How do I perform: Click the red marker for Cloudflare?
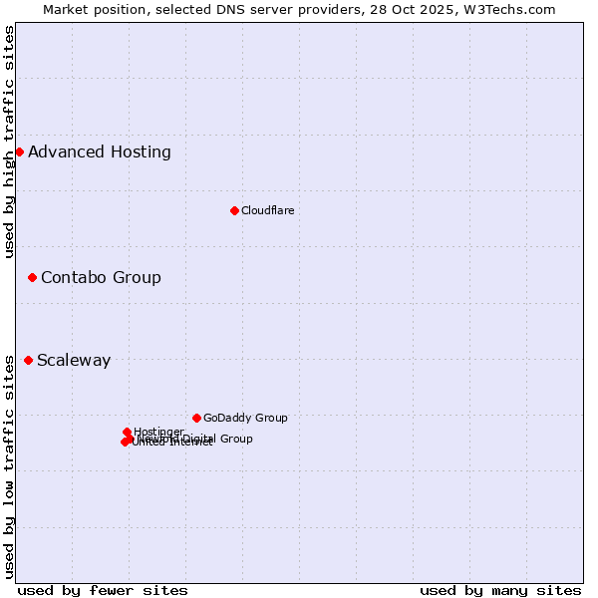coord(234,210)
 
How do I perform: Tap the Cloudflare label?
coord(267,210)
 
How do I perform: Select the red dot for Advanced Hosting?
coord(19,151)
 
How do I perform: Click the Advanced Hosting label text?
coord(100,152)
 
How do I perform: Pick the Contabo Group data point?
coord(32,277)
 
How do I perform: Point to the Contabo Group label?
coord(101,277)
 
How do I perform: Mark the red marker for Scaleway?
coord(28,360)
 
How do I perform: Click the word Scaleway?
coord(74,361)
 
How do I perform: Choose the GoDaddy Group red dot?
coord(196,418)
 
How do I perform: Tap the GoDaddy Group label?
coord(245,418)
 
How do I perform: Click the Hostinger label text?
coord(158,432)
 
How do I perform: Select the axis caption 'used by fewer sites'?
coord(103,590)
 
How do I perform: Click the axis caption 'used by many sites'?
coord(500,590)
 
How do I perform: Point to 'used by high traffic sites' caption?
coord(9,142)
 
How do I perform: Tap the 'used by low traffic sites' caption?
coord(9,465)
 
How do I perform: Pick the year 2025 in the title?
coord(440,9)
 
